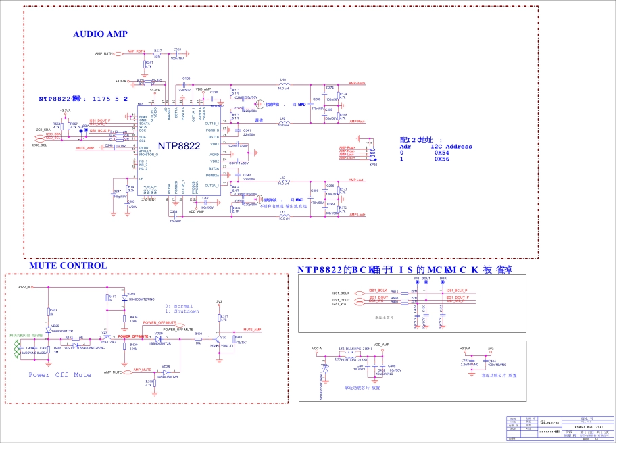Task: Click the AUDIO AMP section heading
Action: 100,34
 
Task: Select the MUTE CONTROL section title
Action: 68,266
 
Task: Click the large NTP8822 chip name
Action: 179,146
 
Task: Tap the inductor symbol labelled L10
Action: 284,83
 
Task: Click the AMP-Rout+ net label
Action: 357,84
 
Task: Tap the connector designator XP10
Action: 372,163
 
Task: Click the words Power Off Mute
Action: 59,374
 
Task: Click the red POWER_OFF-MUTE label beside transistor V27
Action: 133,336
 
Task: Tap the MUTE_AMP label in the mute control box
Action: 252,329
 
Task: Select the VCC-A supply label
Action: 317,349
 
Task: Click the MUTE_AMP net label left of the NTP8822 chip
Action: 85,147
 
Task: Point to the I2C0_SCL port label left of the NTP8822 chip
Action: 39,145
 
